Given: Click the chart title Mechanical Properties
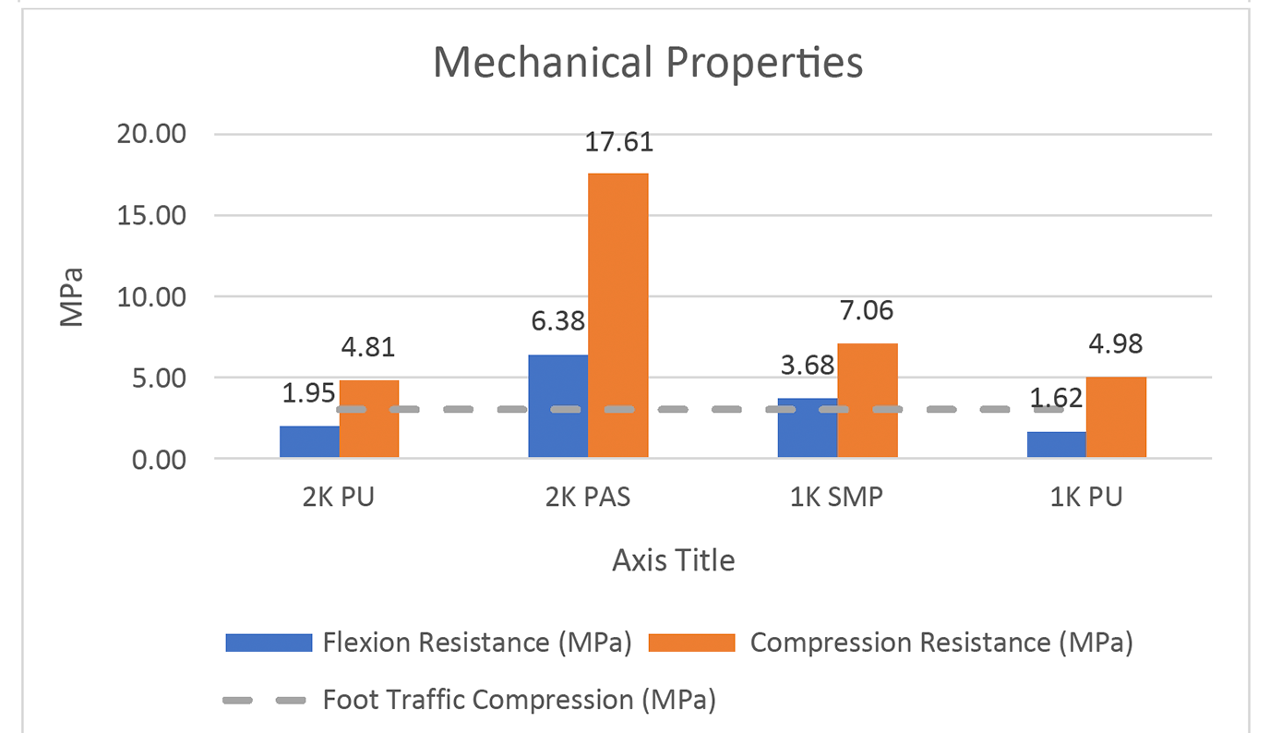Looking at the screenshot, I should click(648, 64).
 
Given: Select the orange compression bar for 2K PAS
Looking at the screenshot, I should click(617, 314).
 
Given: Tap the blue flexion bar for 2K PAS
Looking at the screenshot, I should click(557, 406).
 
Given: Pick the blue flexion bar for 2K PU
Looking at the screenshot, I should click(309, 441).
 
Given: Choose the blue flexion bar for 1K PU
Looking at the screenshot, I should click(1056, 444).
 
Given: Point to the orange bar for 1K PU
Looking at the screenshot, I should click(1116, 416).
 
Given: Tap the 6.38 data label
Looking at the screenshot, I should click(557, 322).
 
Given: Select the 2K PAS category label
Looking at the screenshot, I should click(589, 498).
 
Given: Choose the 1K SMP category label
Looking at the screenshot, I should click(837, 498).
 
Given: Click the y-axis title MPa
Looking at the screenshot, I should click(71, 296).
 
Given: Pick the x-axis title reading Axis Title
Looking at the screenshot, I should click(674, 560).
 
